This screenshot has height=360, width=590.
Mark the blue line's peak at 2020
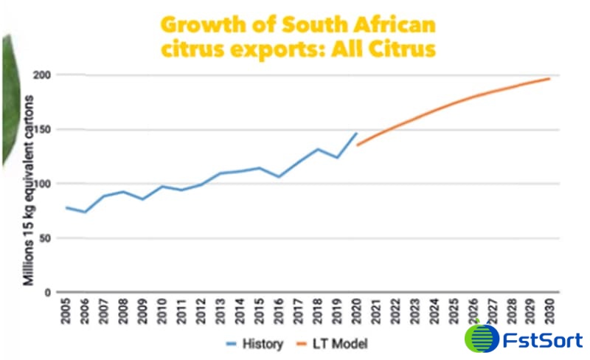(x=357, y=134)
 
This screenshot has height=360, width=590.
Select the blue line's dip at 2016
(x=280, y=176)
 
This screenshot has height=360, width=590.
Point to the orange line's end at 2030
(x=549, y=78)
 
